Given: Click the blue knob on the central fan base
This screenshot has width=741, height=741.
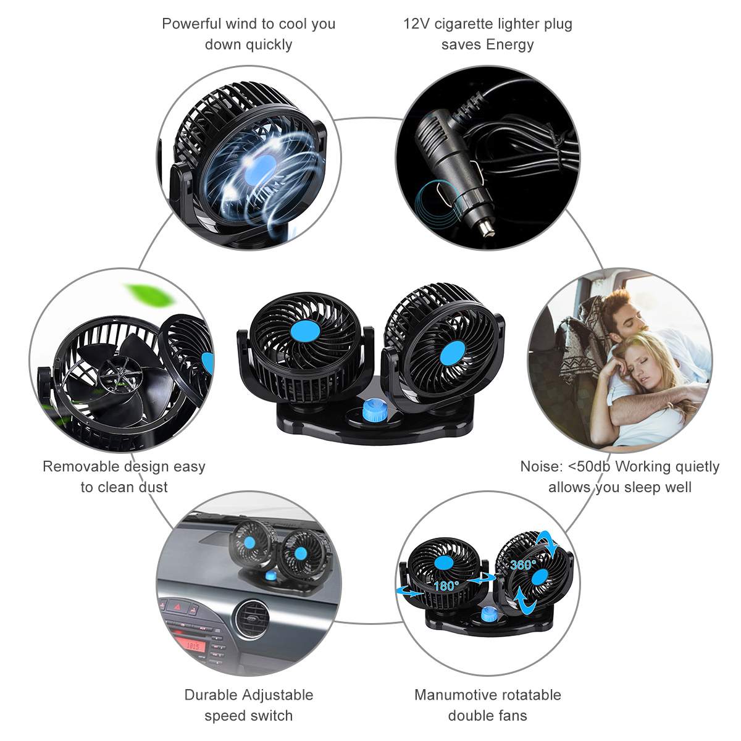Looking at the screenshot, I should pos(371,408).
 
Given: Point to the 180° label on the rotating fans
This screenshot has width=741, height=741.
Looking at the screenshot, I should pos(444,585).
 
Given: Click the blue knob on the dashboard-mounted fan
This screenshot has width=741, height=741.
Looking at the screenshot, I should pos(270,576).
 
